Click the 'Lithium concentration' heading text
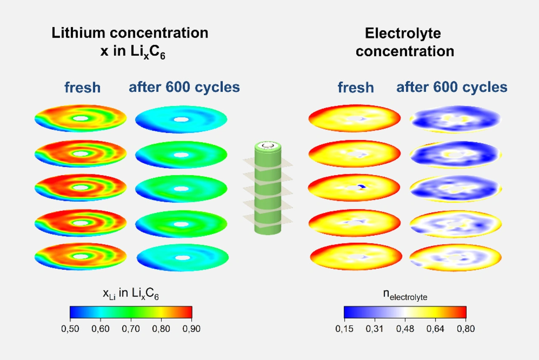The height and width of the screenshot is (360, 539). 130,33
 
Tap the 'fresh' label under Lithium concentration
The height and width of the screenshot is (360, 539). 83,88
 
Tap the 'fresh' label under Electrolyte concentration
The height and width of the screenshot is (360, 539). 355,88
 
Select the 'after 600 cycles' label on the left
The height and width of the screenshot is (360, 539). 184,88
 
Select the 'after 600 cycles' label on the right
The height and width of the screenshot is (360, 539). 451,88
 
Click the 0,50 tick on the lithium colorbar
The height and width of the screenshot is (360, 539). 70,329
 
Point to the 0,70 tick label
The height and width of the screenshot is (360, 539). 131,329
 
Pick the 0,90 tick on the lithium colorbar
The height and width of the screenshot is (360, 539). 192,329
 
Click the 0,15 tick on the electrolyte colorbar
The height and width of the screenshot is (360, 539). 344,329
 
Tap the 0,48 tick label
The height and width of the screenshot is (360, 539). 405,329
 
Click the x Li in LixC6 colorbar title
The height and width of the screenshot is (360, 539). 131,294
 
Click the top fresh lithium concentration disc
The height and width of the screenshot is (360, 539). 80,118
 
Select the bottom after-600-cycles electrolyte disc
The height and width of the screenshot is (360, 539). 456,257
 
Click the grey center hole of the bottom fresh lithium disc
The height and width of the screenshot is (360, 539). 80,256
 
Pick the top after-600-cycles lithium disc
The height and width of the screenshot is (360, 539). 181,119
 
